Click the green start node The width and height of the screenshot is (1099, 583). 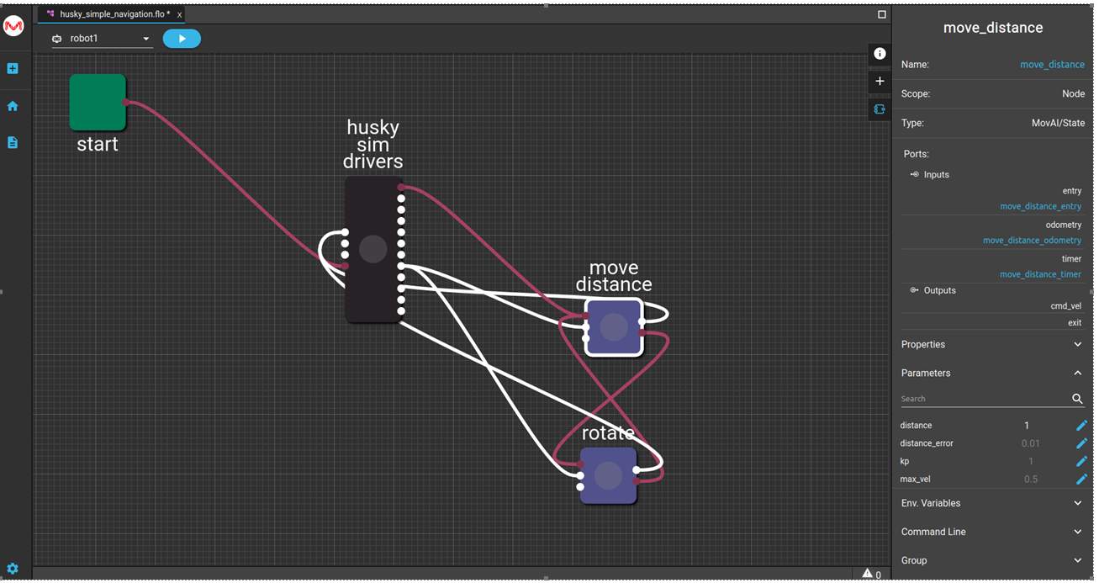98,102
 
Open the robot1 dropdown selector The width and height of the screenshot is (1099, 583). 102,39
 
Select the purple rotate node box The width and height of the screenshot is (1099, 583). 609,475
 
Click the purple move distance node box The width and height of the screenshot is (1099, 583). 614,326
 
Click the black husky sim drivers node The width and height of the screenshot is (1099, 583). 373,249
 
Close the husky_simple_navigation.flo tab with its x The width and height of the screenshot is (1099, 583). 180,15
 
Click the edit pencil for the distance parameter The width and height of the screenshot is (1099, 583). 1082,426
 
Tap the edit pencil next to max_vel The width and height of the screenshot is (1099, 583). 1082,479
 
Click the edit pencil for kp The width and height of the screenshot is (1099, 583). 1082,461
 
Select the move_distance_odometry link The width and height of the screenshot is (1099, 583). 1032,241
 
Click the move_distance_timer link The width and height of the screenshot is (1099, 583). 1040,274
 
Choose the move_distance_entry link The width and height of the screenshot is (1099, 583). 1041,207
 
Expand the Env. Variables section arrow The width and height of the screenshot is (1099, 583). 1078,503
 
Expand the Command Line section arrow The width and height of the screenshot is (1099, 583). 1078,532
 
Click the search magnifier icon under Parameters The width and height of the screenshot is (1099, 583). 1077,399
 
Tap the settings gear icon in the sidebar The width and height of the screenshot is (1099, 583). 13,569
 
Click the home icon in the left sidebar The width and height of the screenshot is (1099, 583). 13,106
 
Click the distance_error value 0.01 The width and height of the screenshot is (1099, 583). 1030,443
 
